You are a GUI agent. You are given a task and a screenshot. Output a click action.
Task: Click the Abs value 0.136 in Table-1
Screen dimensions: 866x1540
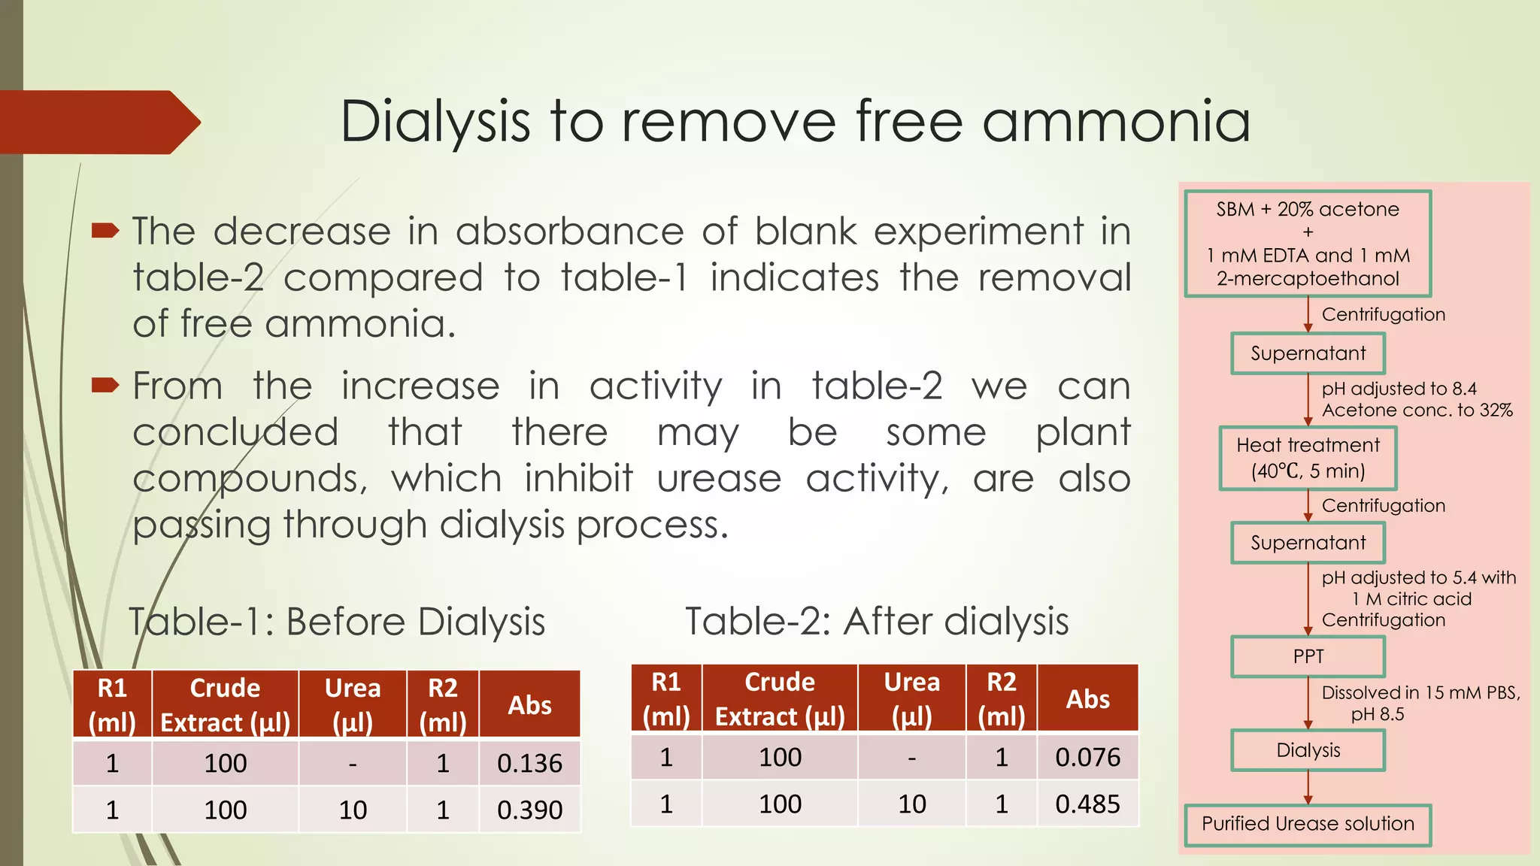[x=529, y=764]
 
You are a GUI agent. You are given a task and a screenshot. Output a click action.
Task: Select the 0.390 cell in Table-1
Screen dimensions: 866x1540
[x=529, y=810]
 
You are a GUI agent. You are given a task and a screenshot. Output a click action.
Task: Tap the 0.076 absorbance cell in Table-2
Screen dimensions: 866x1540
[x=1087, y=758]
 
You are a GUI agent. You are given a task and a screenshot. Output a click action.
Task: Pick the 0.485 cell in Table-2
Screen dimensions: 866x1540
[x=1087, y=804]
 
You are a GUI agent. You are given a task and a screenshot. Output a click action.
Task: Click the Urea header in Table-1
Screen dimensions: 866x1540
[x=353, y=704]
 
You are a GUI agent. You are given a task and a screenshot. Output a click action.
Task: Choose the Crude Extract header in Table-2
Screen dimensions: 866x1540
[x=780, y=698]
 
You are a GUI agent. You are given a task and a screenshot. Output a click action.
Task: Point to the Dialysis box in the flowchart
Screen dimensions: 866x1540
[x=1308, y=750]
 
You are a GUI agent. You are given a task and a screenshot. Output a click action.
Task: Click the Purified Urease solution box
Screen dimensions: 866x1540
[x=1308, y=824]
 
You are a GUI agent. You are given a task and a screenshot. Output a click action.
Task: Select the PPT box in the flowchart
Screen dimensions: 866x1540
[x=1308, y=656]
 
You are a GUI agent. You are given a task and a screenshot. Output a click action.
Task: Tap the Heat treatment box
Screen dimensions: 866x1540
[x=1308, y=458]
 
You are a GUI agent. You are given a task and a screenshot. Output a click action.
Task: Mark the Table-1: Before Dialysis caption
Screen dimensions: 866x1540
[x=337, y=622]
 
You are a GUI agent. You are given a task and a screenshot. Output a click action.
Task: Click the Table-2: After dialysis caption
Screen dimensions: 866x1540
[x=877, y=622]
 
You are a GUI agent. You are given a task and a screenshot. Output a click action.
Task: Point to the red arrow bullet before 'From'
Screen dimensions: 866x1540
[x=105, y=386]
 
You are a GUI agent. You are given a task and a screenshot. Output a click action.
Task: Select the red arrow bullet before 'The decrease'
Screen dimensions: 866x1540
[x=105, y=230]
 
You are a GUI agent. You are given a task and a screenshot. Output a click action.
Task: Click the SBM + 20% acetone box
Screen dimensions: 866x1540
[x=1308, y=244]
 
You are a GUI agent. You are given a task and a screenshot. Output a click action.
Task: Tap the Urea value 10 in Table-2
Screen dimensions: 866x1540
[x=911, y=804]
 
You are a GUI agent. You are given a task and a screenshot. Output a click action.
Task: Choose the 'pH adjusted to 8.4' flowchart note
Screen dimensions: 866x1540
[x=1399, y=389]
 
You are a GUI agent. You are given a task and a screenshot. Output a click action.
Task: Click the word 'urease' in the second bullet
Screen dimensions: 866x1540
[x=719, y=480]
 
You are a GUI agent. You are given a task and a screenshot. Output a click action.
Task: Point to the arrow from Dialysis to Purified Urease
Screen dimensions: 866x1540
[x=1308, y=788]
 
